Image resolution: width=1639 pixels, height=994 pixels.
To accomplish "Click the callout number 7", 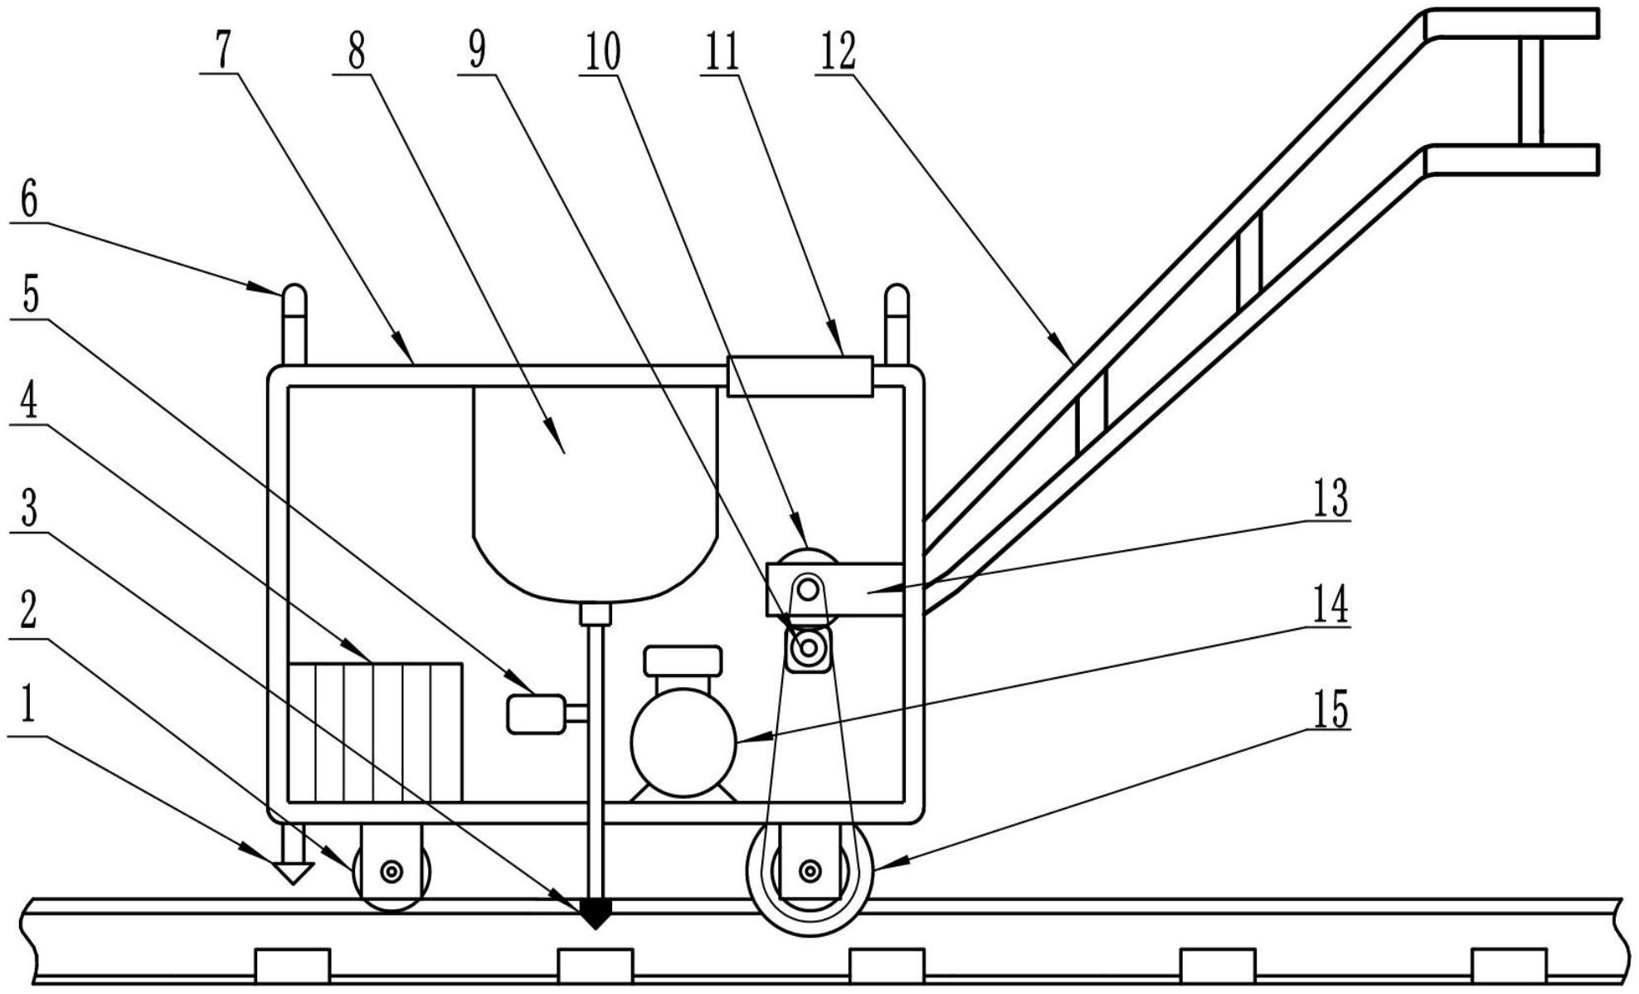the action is tap(222, 52).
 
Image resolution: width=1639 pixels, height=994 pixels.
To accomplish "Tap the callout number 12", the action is tap(836, 52).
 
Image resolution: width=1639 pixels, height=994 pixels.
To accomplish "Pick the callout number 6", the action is tap(29, 201).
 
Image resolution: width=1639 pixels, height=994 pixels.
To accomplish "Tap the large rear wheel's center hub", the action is tap(810, 870).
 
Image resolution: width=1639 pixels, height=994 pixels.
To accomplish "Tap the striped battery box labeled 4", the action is tap(375, 733).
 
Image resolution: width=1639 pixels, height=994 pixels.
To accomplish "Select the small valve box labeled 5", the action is tap(537, 714).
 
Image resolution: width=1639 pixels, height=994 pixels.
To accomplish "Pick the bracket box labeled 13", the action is tap(834, 589).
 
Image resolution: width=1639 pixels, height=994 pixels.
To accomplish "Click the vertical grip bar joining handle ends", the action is tap(1531, 91).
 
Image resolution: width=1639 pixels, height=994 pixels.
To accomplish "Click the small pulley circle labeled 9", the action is tap(807, 646).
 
